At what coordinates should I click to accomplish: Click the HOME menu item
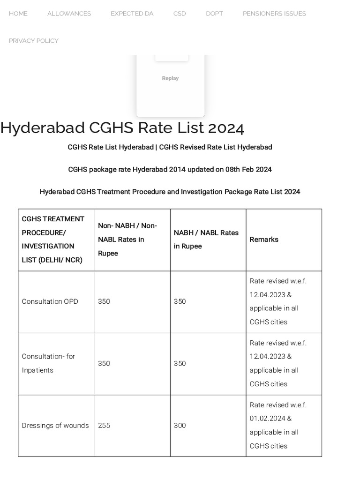click(x=18, y=14)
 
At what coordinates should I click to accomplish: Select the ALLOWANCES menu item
click(x=69, y=14)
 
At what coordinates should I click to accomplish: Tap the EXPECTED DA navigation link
click(x=132, y=14)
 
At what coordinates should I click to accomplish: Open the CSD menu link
click(x=180, y=14)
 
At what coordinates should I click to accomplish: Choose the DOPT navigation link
click(x=214, y=14)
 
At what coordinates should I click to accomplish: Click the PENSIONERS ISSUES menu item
click(x=274, y=14)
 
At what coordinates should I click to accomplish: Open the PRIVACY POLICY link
click(x=34, y=41)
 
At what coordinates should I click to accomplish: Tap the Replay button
click(x=170, y=78)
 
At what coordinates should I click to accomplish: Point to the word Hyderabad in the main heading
click(x=43, y=128)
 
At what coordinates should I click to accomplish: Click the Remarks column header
click(x=264, y=240)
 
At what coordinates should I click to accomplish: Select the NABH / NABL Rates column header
click(x=206, y=240)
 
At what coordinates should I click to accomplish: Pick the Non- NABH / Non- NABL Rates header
click(x=127, y=240)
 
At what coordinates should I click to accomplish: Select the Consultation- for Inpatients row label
click(x=48, y=363)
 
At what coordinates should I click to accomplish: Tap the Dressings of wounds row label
click(x=55, y=426)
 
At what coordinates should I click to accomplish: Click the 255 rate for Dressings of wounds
click(x=104, y=426)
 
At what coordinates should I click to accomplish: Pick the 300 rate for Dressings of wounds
click(x=180, y=426)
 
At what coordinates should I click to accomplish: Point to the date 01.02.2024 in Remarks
click(x=267, y=419)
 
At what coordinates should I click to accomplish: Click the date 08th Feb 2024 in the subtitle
click(x=247, y=169)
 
